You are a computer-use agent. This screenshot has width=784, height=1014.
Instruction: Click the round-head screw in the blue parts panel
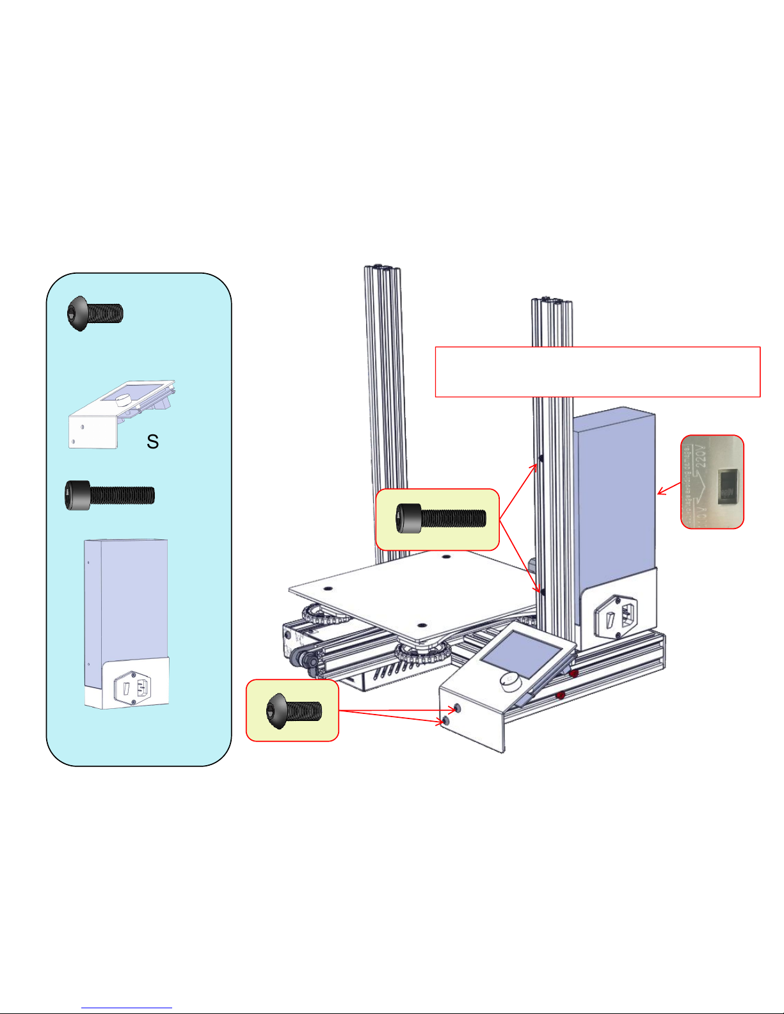(x=95, y=313)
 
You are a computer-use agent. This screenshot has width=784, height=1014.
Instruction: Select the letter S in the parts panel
(x=152, y=441)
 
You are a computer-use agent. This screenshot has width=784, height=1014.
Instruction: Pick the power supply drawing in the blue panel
(x=127, y=624)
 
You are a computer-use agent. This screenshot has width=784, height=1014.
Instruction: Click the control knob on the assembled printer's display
(x=511, y=681)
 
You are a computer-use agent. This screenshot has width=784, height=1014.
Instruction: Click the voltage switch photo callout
(x=712, y=482)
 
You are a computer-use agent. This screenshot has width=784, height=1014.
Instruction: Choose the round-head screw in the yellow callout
(x=293, y=710)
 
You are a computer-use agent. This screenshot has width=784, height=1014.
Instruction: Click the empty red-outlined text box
(x=597, y=372)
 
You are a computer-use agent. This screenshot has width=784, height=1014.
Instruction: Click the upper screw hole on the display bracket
(x=456, y=709)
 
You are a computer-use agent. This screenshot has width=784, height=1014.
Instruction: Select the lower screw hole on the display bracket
(x=446, y=721)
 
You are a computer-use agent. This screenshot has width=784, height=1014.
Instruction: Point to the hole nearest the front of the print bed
(x=420, y=626)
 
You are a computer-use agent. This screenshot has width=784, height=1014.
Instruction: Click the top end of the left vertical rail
(x=382, y=267)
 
